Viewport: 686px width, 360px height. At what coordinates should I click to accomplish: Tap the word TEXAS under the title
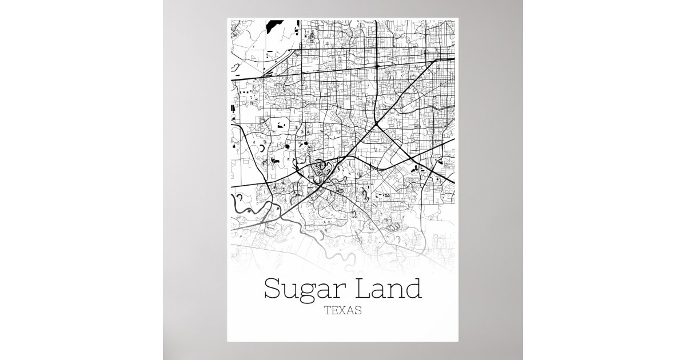pos(342,311)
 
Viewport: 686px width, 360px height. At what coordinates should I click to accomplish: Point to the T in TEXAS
pos(327,311)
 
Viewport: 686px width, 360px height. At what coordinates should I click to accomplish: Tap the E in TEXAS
pos(334,311)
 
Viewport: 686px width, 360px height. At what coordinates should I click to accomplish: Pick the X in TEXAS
pos(342,311)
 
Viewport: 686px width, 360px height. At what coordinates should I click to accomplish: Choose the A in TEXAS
pos(350,311)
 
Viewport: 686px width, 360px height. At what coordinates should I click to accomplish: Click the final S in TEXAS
pos(358,311)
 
